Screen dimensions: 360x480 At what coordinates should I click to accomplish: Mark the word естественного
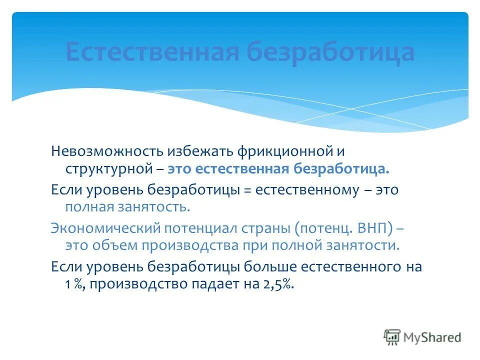(x=346, y=266)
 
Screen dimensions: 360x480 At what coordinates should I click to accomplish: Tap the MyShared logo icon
(x=392, y=337)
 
